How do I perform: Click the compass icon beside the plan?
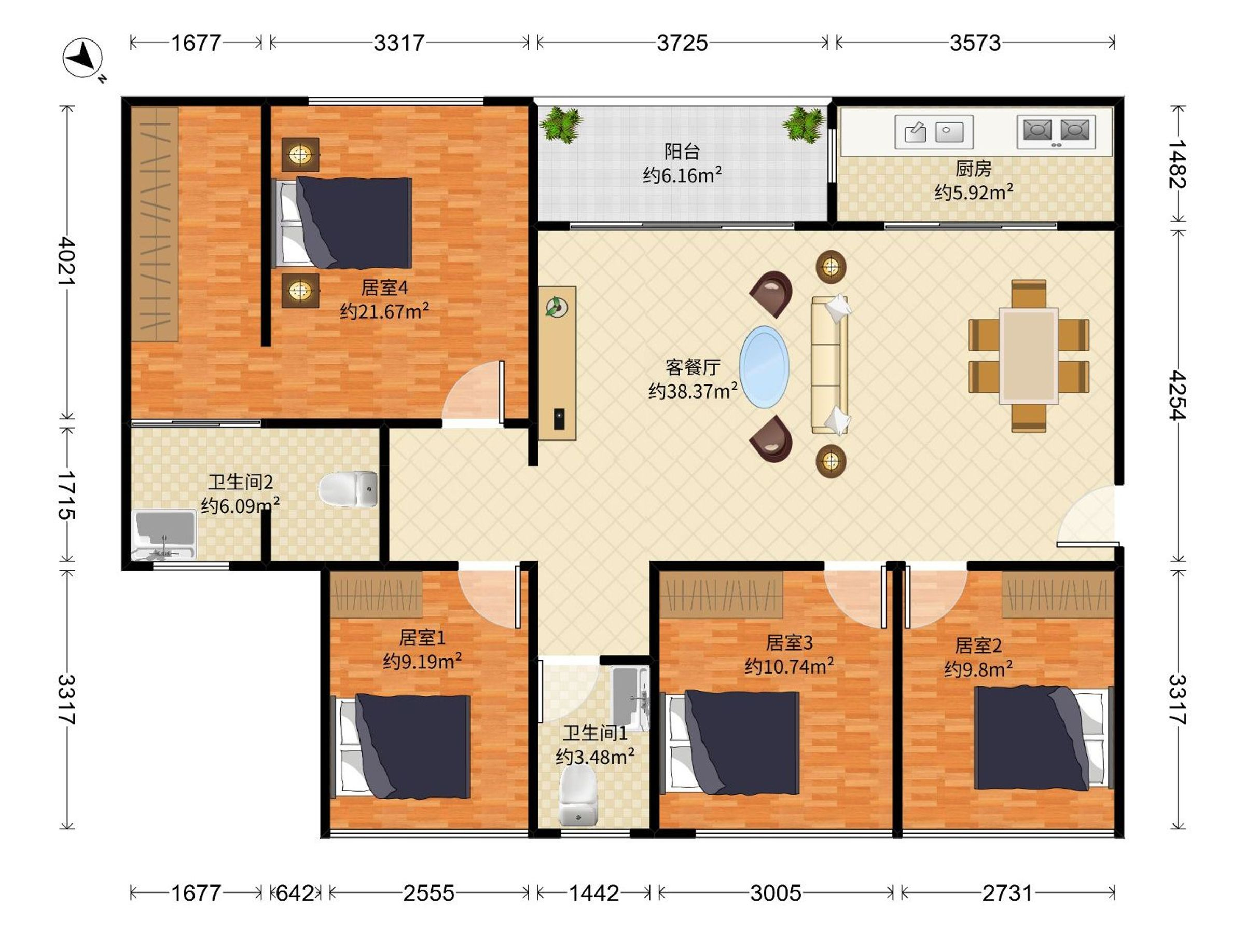click(x=84, y=59)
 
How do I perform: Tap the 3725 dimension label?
click(x=682, y=43)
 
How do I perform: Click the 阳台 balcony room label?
click(x=682, y=151)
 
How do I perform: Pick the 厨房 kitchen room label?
click(x=974, y=168)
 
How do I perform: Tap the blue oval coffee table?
click(x=764, y=366)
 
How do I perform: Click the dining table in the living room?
click(x=1029, y=356)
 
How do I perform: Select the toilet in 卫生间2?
click(x=348, y=489)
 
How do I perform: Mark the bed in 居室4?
click(x=342, y=223)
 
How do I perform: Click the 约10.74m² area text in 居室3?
click(x=789, y=667)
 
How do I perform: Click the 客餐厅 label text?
click(x=693, y=367)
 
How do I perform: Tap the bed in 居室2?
click(x=1044, y=738)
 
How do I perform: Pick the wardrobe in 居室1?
click(x=376, y=595)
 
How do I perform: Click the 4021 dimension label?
click(x=67, y=260)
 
